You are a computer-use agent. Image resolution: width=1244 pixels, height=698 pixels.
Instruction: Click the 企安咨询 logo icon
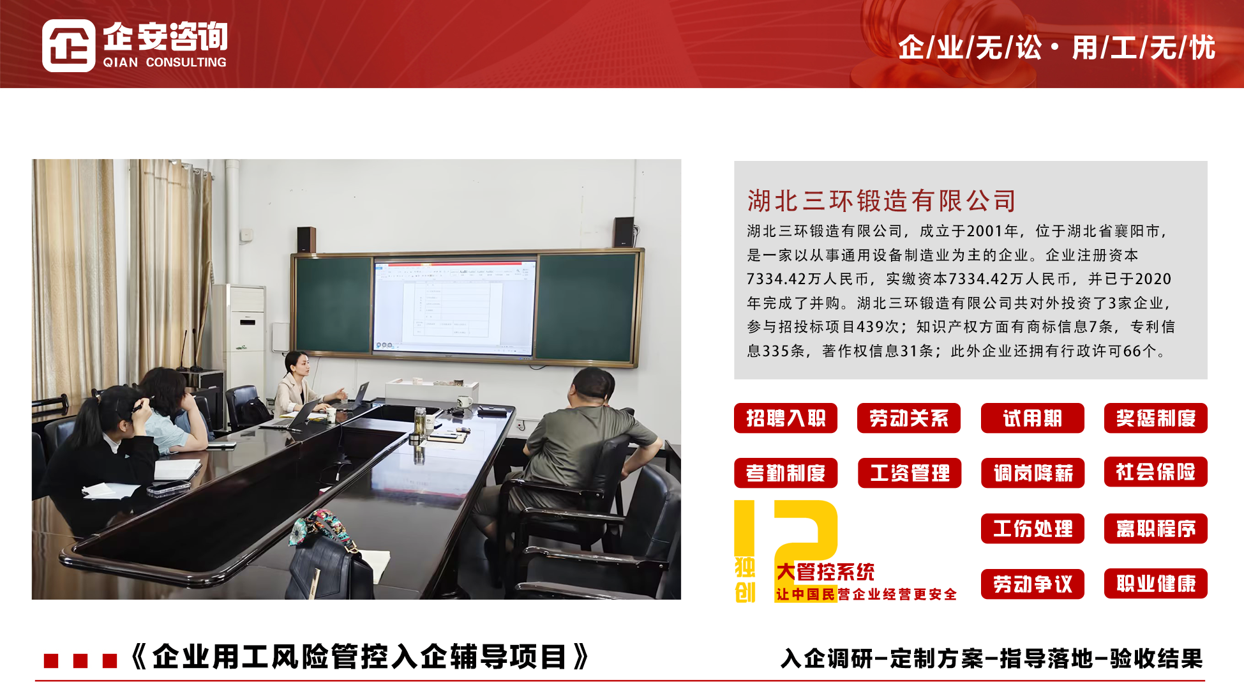click(x=69, y=45)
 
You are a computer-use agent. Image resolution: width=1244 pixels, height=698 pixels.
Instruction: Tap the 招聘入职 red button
click(x=786, y=418)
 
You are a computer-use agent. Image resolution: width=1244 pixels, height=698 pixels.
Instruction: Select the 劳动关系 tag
click(x=909, y=418)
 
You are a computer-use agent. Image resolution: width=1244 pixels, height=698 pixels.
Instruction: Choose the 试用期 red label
click(x=1033, y=418)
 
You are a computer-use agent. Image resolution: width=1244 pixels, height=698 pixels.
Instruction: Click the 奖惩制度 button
click(x=1156, y=418)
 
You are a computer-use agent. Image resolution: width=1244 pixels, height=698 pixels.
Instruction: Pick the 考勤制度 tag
click(x=786, y=473)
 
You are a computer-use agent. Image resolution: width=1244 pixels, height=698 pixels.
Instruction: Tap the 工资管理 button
click(x=910, y=473)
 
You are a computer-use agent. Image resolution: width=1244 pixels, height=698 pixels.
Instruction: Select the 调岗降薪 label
click(x=1033, y=473)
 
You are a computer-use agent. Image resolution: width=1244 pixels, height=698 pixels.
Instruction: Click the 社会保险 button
click(x=1156, y=472)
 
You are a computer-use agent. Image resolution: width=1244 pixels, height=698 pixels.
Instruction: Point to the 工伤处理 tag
click(x=1033, y=529)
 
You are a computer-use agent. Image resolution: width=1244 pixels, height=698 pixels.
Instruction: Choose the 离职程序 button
click(x=1156, y=529)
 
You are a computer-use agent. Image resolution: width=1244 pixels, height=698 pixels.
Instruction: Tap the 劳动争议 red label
click(x=1033, y=584)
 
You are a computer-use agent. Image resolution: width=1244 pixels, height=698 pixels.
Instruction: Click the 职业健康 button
click(x=1156, y=584)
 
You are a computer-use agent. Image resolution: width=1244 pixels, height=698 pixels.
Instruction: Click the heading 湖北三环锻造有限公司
click(x=881, y=201)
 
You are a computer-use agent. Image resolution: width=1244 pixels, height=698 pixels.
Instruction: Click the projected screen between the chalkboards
click(x=454, y=307)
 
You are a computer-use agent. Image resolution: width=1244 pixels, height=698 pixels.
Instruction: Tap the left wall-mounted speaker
click(x=306, y=239)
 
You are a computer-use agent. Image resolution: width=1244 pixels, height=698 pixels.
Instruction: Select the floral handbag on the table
click(x=326, y=556)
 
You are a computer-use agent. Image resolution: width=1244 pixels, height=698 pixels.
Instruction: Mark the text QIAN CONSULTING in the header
click(x=165, y=62)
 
